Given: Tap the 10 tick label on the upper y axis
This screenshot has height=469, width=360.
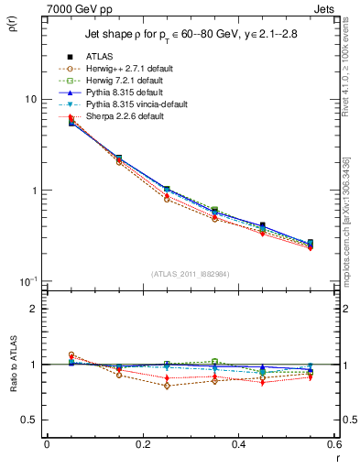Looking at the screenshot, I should [x=29, y=99].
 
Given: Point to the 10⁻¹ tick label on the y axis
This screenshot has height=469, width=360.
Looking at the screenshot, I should [x=27, y=280].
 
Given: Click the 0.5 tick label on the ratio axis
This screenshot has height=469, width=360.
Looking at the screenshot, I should [x=29, y=420].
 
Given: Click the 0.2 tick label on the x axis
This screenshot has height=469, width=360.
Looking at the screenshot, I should [x=142, y=444].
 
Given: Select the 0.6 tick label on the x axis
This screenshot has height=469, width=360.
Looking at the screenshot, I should [x=333, y=444].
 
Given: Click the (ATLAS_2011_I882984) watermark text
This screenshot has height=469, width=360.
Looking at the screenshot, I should [x=190, y=274].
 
